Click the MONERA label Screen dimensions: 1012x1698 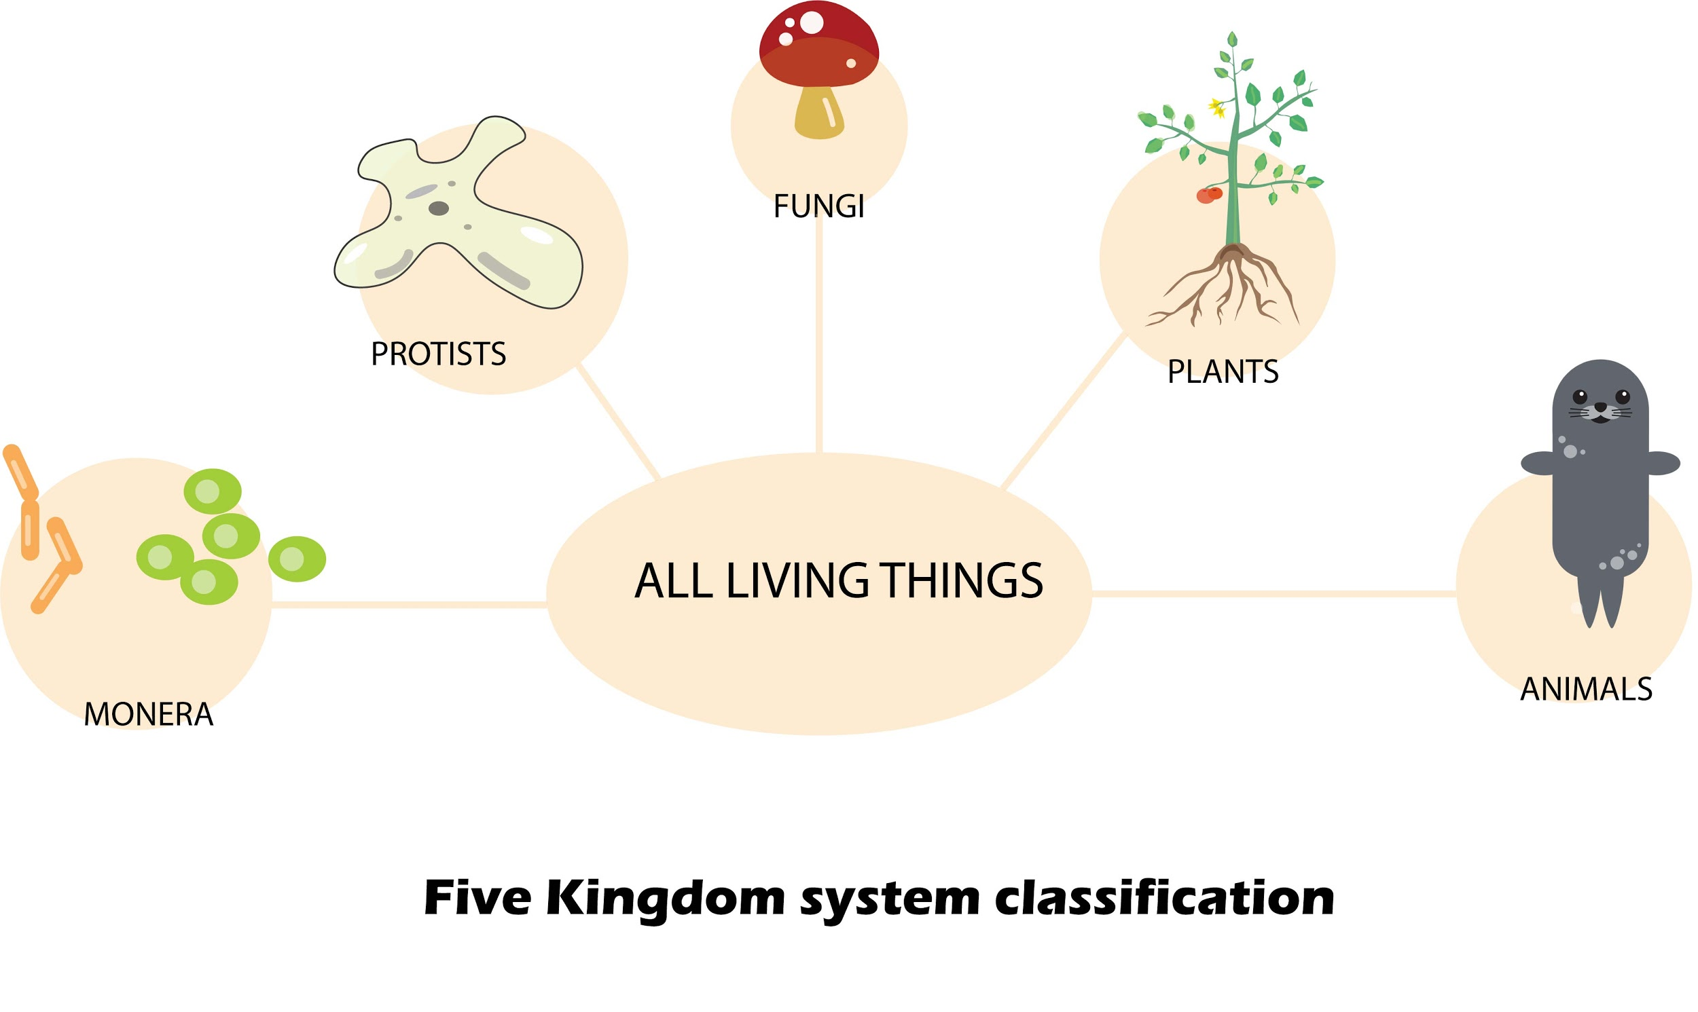(x=149, y=715)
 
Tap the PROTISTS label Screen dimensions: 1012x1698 (x=438, y=354)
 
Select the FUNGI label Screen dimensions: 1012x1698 (x=818, y=206)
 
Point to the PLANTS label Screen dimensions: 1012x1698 (x=1223, y=372)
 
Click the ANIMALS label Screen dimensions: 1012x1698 (x=1586, y=689)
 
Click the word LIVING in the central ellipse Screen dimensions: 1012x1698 (x=797, y=581)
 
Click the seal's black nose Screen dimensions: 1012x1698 (x=1600, y=408)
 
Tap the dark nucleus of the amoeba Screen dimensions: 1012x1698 (x=438, y=208)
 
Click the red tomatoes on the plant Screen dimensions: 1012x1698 (x=1209, y=195)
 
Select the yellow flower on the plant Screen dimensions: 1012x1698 (x=1216, y=107)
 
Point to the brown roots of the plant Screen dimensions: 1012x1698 (x=1228, y=286)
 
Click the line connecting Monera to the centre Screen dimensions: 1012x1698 (x=410, y=605)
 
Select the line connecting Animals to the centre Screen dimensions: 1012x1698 (x=1276, y=594)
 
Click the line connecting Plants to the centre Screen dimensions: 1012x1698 (x=1064, y=409)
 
